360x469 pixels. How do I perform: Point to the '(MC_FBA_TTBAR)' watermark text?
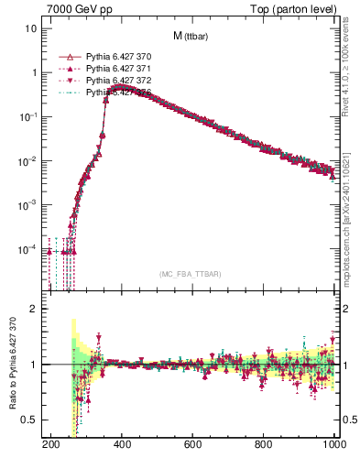pos(191,274)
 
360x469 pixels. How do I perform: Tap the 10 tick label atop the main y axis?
pos(31,28)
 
